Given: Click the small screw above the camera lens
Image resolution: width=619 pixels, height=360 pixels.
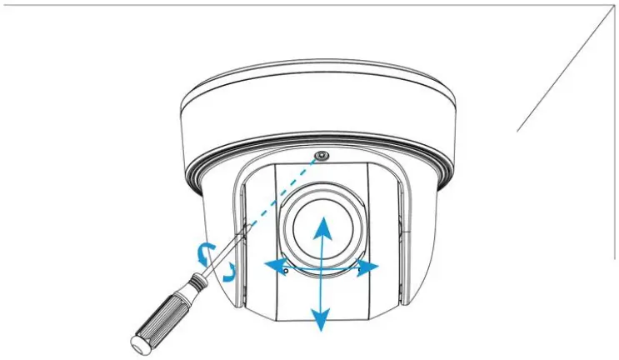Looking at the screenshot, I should click(321, 157).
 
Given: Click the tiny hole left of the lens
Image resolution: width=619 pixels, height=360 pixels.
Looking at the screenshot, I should click(286, 270).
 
